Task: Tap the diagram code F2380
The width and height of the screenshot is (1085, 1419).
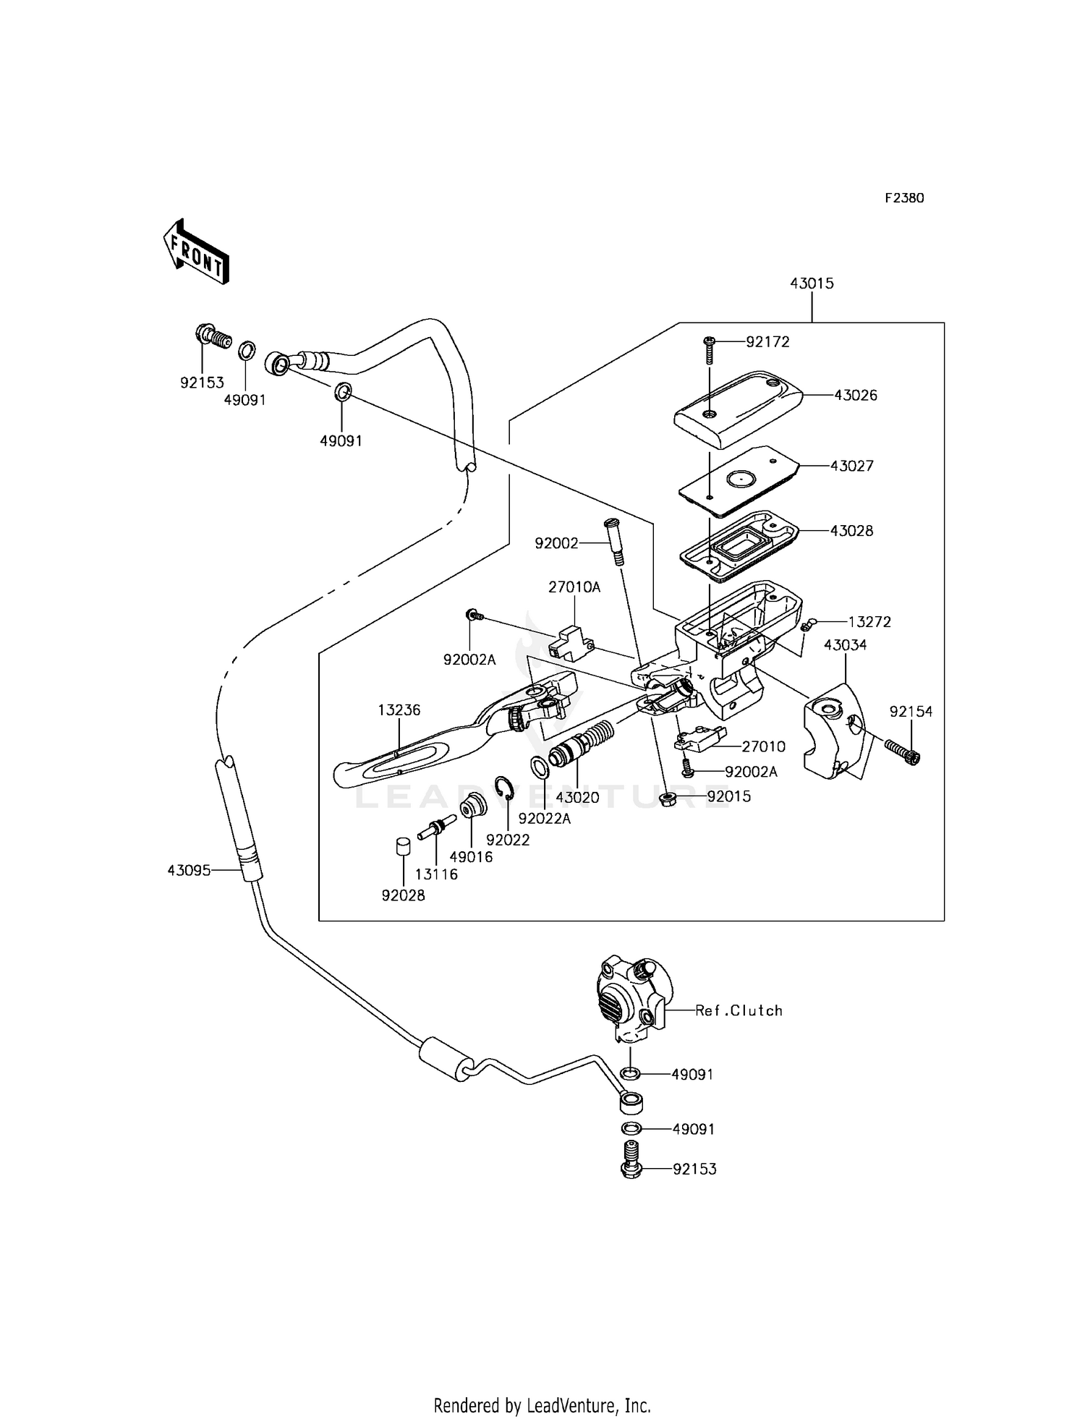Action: pyautogui.click(x=904, y=198)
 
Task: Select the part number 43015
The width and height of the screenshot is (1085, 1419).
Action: pyautogui.click(x=812, y=284)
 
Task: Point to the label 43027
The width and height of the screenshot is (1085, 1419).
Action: pyautogui.click(x=851, y=466)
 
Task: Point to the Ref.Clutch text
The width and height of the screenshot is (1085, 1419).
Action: pyautogui.click(x=739, y=1010)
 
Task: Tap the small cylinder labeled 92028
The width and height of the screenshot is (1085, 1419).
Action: pyautogui.click(x=404, y=846)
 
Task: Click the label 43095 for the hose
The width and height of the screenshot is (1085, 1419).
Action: pyautogui.click(x=189, y=871)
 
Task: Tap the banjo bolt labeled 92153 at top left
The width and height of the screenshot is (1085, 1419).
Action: pyautogui.click(x=212, y=337)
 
